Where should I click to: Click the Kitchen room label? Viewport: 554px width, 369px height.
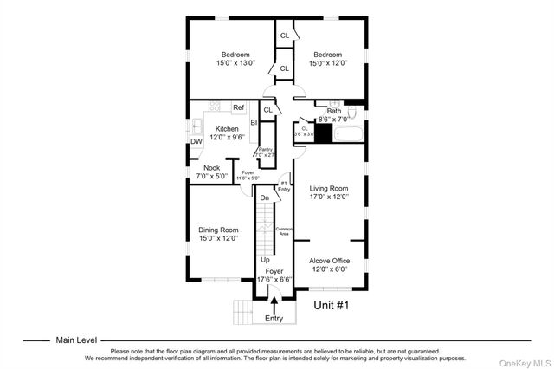(227, 129)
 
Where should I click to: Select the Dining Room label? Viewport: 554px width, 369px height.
(218, 230)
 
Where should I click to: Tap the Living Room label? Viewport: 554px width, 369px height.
(329, 188)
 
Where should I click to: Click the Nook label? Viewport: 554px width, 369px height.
(211, 168)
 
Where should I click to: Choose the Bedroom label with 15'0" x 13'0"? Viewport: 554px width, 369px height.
(234, 55)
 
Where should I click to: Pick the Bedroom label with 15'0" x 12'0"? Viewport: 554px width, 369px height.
(330, 55)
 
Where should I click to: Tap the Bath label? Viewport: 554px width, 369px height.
(334, 111)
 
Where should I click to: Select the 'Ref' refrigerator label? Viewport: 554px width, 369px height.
(238, 107)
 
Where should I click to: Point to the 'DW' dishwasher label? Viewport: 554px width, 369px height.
(196, 141)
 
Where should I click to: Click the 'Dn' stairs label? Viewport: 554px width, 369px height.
(265, 198)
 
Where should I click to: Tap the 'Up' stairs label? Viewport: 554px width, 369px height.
(265, 259)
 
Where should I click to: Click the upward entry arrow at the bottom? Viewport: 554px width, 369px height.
(274, 304)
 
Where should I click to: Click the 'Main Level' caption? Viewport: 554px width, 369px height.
(76, 340)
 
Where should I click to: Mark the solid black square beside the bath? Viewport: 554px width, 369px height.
(323, 133)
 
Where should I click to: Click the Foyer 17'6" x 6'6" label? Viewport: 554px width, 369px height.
(274, 275)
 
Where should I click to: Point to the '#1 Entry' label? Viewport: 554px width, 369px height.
(284, 185)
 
